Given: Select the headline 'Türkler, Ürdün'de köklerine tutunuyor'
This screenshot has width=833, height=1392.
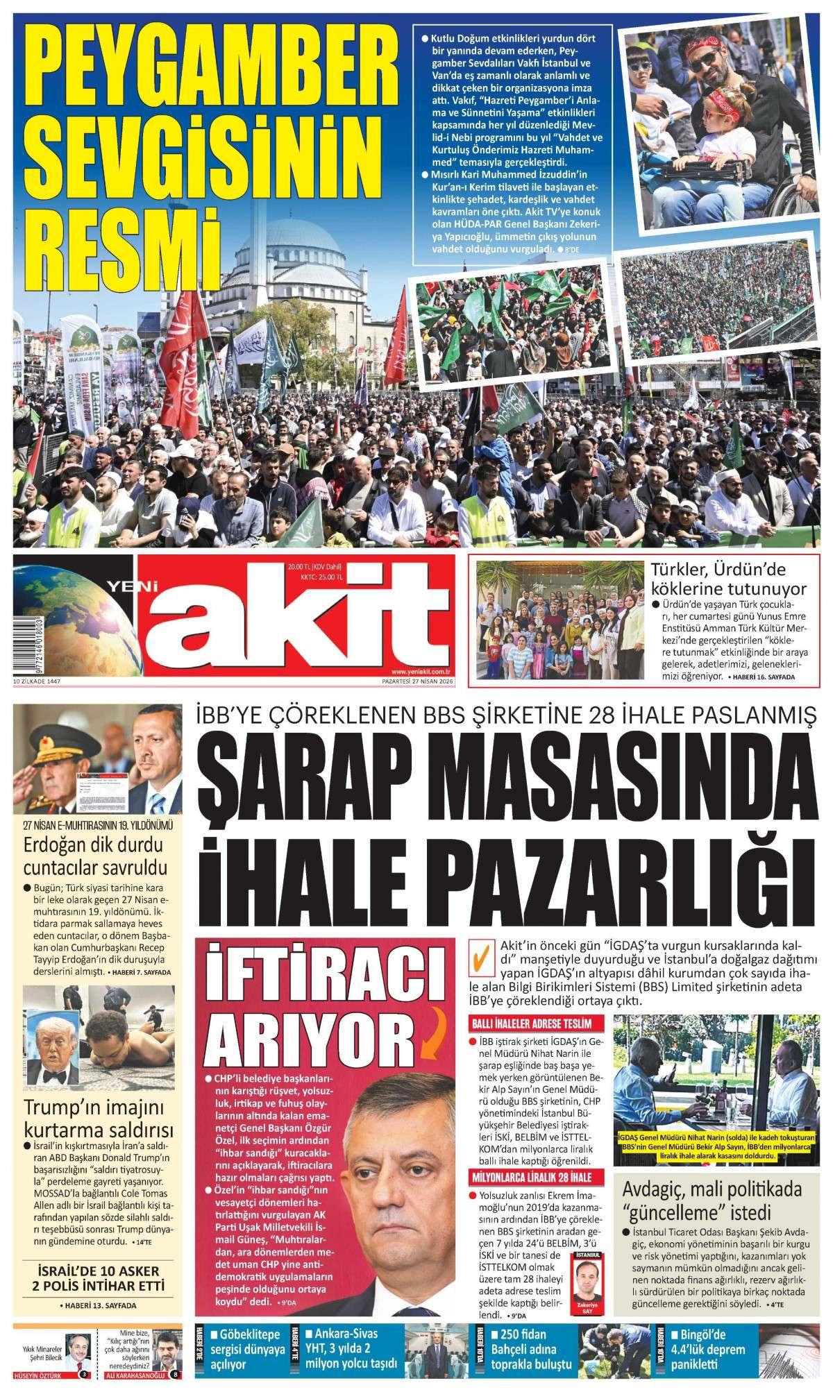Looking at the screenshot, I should (x=728, y=580).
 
